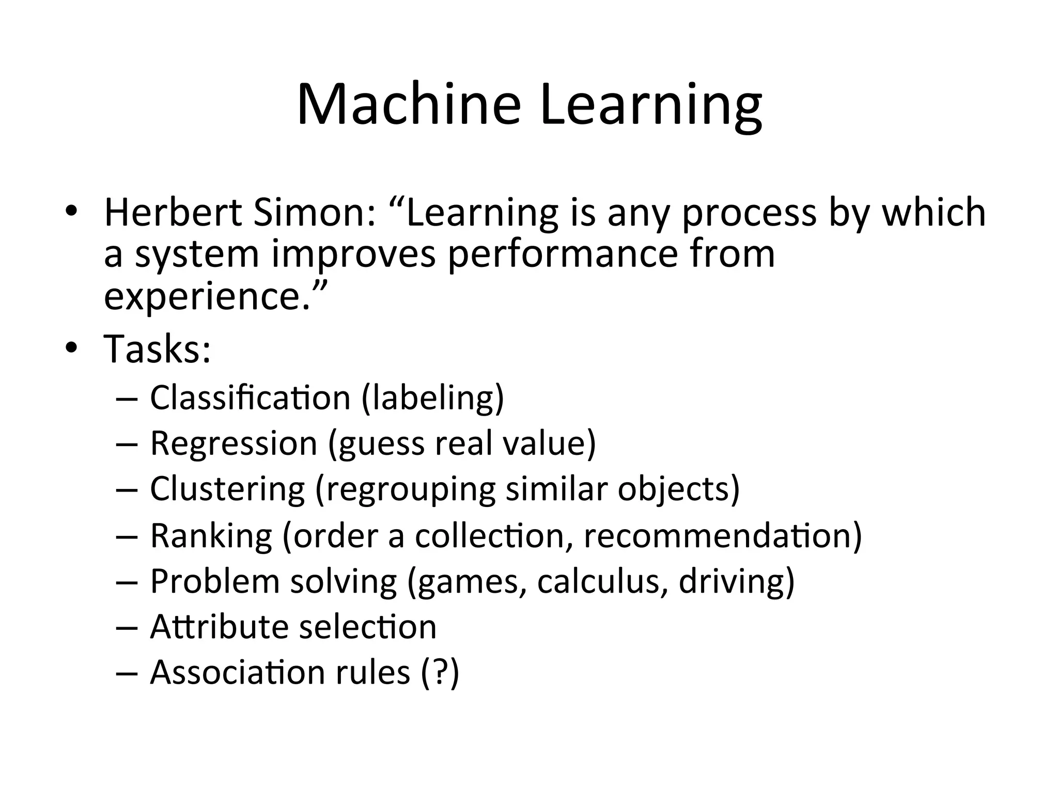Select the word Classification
point(250,398)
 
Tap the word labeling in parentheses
point(432,399)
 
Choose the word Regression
point(234,443)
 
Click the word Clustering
point(227,489)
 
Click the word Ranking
point(211,535)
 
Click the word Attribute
point(219,627)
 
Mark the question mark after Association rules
point(440,672)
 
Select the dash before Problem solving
point(127,582)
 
